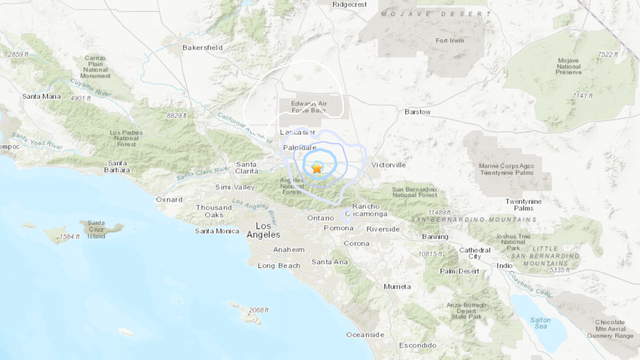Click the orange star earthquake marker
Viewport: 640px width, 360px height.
(317, 168)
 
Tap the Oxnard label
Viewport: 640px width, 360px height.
(169, 199)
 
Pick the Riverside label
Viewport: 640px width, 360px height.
(382, 229)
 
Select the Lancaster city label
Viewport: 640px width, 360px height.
(297, 132)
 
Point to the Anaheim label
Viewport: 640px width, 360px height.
(288, 249)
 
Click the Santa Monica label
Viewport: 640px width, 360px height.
(217, 231)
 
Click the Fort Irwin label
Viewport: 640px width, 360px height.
(451, 40)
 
